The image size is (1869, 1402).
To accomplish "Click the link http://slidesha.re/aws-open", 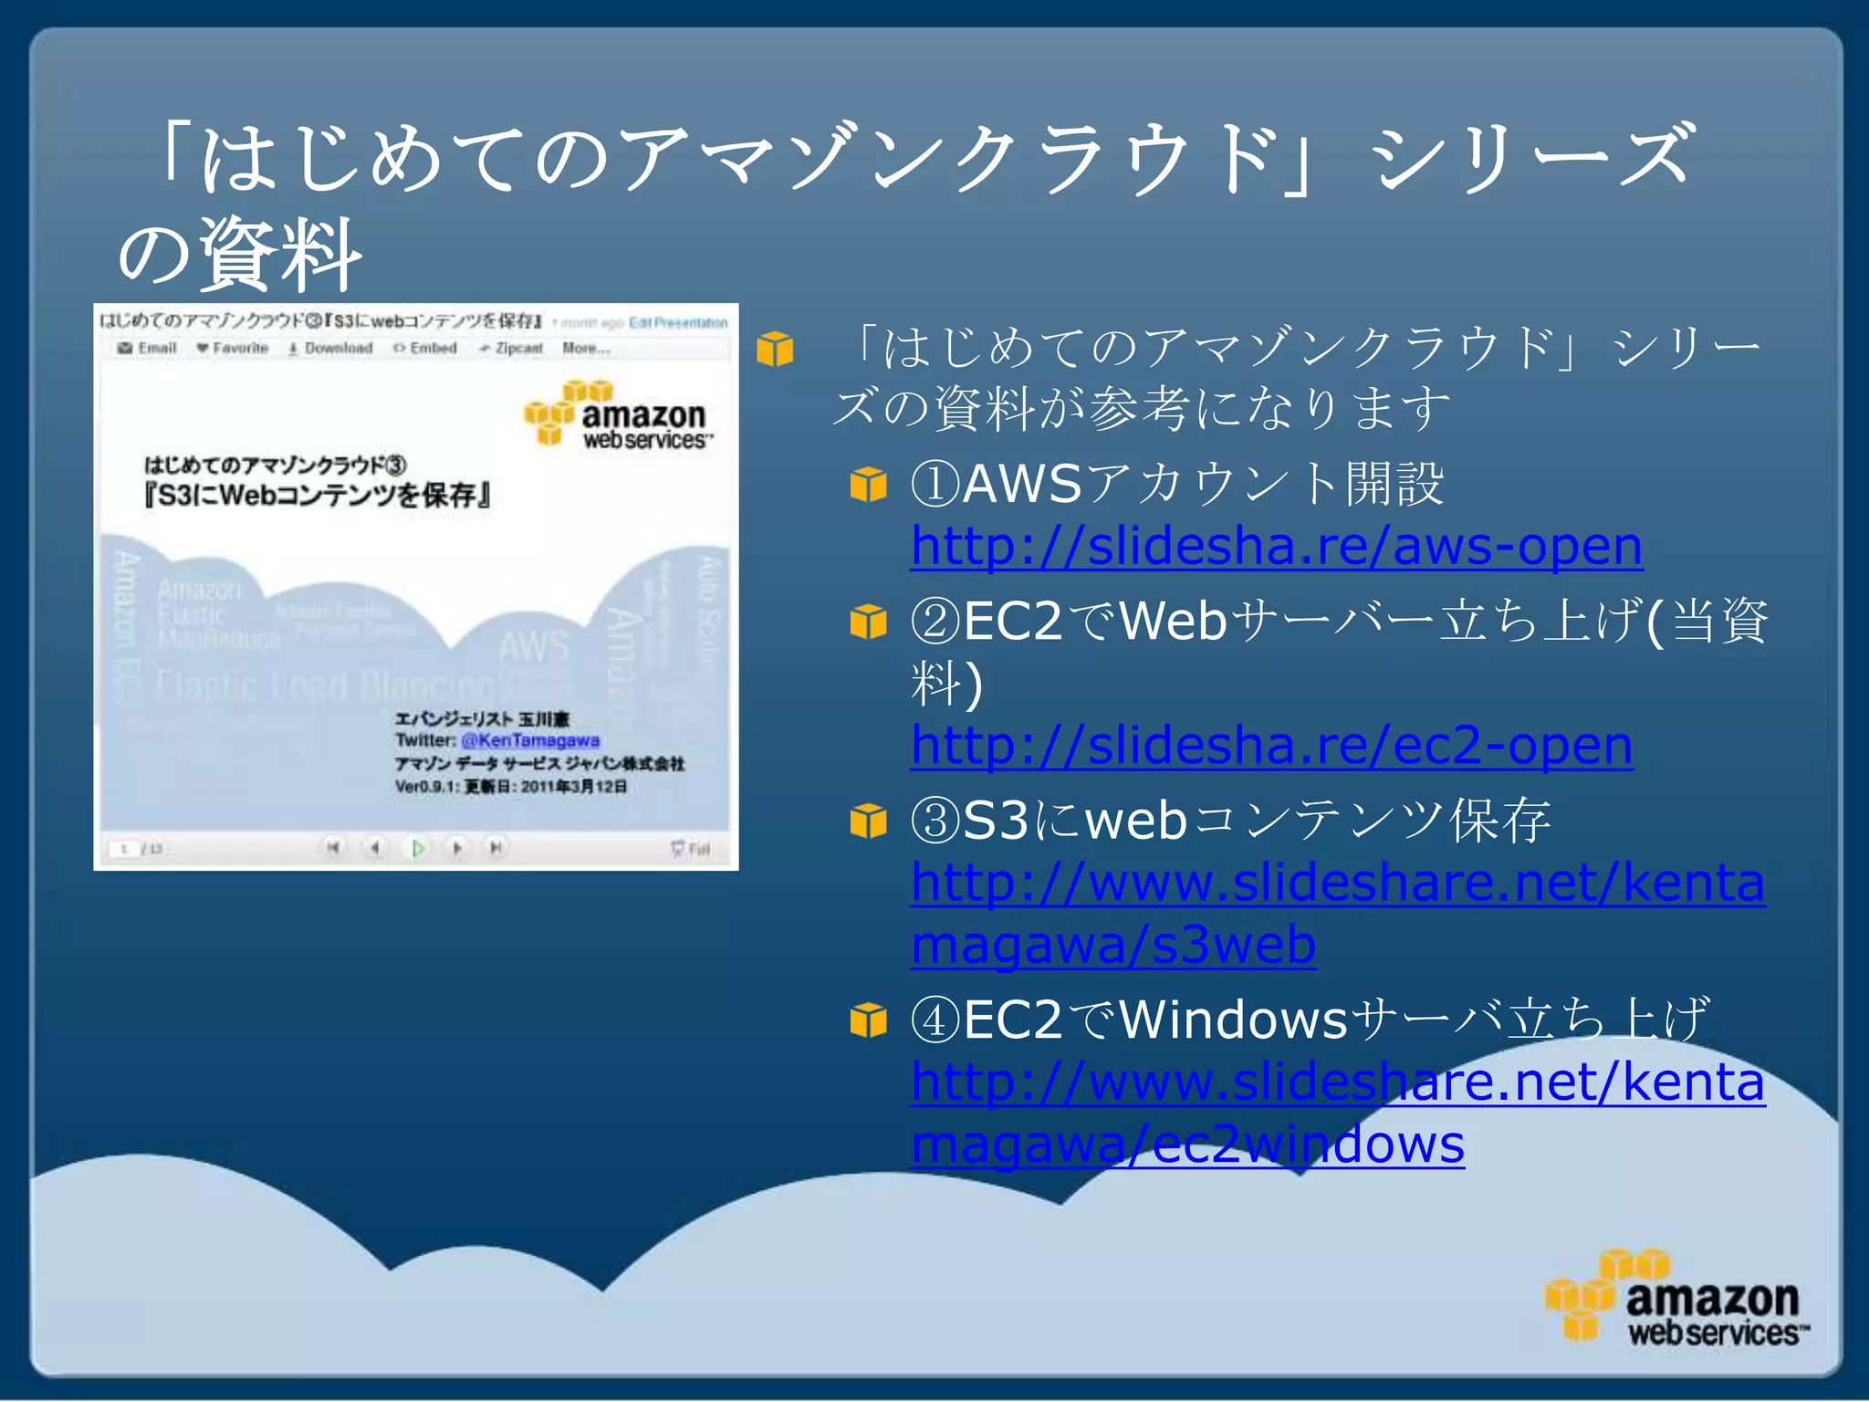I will tap(1276, 546).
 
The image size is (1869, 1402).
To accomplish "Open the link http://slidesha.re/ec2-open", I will tap(1270, 745).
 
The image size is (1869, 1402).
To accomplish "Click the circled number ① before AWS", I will tap(935, 484).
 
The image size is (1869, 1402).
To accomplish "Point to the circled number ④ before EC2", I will tap(935, 1020).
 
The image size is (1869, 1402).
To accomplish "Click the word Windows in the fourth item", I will tap(1233, 1020).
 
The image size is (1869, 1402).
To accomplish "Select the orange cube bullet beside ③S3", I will tap(868, 821).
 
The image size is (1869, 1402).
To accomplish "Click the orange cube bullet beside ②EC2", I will tap(868, 622).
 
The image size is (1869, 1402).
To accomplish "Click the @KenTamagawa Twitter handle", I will tap(530, 740).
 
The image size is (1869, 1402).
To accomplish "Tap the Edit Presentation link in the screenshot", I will tap(678, 323).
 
